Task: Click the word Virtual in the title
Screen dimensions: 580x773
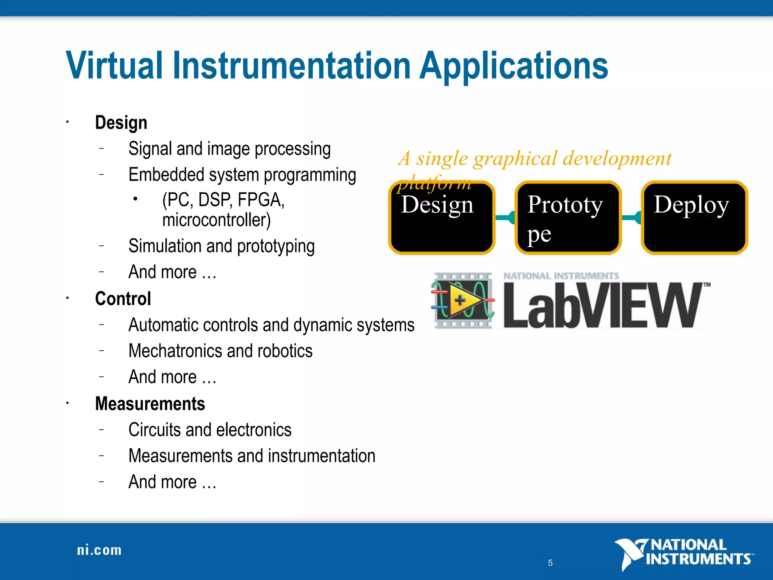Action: point(114,66)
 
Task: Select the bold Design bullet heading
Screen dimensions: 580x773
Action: point(121,123)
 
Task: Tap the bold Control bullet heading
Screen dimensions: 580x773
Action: point(123,299)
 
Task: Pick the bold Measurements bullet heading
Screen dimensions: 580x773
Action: point(150,404)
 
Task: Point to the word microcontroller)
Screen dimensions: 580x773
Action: point(216,220)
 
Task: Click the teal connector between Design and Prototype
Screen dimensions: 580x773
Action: point(505,217)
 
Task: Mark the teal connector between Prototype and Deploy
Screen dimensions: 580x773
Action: point(631,217)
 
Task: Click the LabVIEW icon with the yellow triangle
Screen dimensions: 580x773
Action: point(462,300)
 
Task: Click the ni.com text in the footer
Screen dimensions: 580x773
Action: point(99,550)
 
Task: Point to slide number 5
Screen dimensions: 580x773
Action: point(550,563)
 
